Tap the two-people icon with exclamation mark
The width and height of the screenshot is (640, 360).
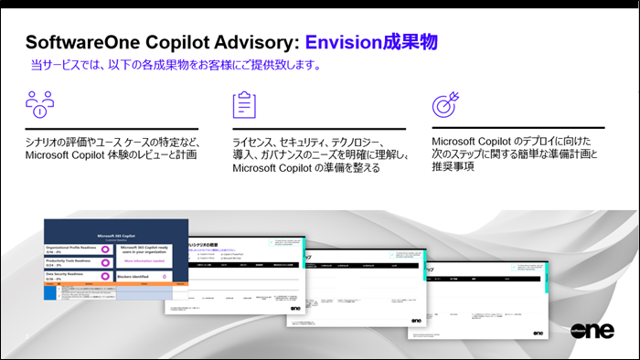pyautogui.click(x=38, y=104)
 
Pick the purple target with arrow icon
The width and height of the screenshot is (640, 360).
pyautogui.click(x=445, y=104)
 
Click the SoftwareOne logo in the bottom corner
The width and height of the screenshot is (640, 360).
pyautogui.click(x=592, y=330)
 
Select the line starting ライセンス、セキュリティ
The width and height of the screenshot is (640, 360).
pyautogui.click(x=316, y=143)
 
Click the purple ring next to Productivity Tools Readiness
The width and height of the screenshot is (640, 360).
pyautogui.click(x=106, y=262)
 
